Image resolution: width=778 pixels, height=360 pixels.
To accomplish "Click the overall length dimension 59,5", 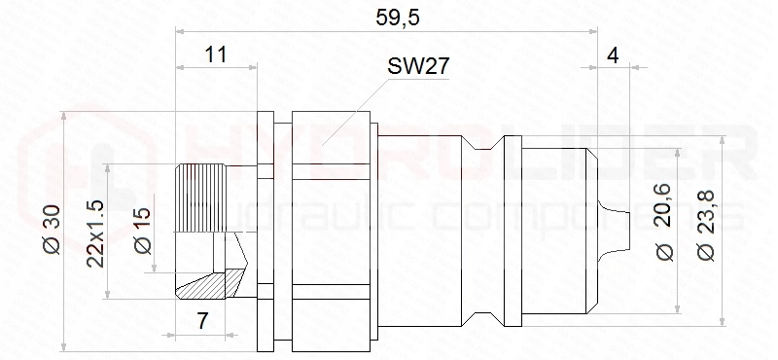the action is (x=398, y=18).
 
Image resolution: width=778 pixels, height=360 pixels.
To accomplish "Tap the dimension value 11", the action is (x=216, y=54).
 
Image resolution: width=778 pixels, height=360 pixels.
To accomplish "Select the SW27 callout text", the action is (x=418, y=66).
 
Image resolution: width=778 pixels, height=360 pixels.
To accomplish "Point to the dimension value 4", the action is (x=614, y=56).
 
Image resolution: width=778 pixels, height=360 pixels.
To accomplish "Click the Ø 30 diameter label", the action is (x=53, y=230).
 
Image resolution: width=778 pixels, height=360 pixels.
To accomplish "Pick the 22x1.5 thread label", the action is (x=94, y=234).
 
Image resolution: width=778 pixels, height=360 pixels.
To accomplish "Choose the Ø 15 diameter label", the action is (x=142, y=231).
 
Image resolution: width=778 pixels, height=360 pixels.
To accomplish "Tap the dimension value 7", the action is (x=202, y=321).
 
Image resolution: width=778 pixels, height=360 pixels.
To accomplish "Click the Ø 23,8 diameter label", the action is (x=705, y=225).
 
